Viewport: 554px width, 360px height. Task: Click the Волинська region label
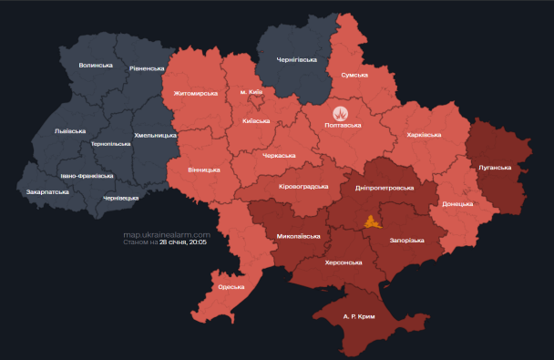pos(96,66)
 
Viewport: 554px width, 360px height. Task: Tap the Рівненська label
pos(147,68)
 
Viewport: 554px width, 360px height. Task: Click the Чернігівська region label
pos(297,60)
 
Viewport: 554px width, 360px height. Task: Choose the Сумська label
pos(354,75)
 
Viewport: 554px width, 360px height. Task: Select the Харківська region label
pos(423,135)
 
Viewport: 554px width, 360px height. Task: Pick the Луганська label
pos(495,168)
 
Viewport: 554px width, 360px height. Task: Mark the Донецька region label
pos(457,204)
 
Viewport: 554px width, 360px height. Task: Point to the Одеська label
pos(231,287)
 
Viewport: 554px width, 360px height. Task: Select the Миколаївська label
pos(298,236)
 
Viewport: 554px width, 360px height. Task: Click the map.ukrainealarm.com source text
pos(167,235)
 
